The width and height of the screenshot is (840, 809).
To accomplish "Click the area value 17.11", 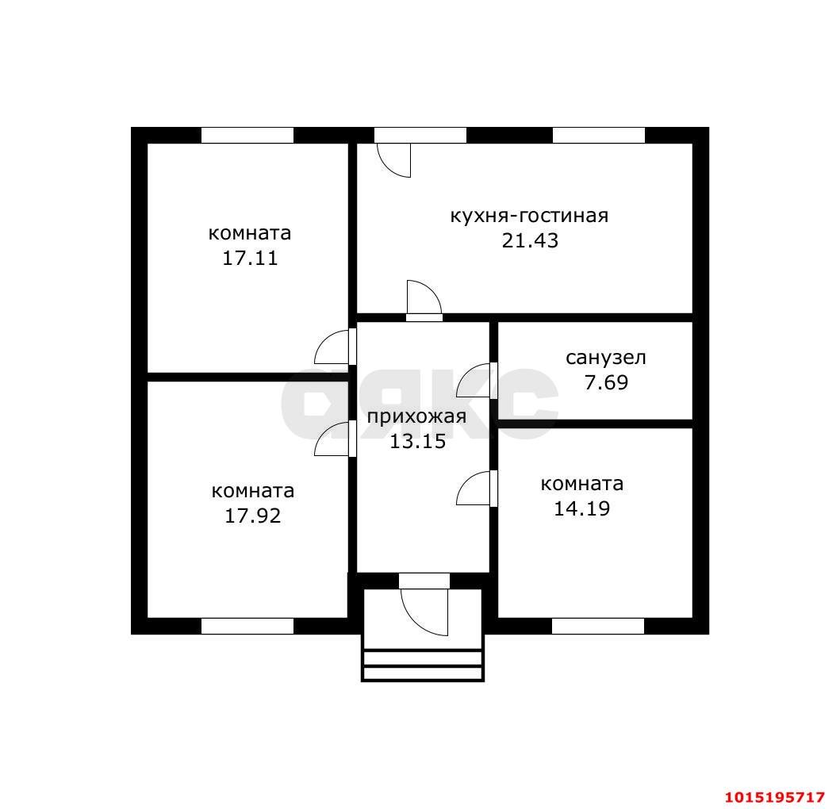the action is (x=250, y=259).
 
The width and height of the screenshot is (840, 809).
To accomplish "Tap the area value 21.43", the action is (x=530, y=240).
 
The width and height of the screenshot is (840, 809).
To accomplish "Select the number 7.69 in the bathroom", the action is (x=606, y=382).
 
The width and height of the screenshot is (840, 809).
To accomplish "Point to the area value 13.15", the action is (x=417, y=442).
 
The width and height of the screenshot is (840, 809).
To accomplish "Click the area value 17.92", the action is (x=252, y=516).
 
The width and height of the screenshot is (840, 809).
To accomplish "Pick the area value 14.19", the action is (x=581, y=508).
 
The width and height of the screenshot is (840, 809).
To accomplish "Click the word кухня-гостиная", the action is (x=529, y=216).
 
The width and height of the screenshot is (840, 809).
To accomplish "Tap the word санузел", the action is (x=606, y=358).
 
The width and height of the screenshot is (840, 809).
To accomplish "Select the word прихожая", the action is (x=416, y=417).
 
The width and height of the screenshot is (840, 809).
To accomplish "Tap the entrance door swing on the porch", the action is (x=424, y=612).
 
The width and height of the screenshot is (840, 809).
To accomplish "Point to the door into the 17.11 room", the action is (x=334, y=347).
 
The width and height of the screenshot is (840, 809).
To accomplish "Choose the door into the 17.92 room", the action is (x=334, y=439).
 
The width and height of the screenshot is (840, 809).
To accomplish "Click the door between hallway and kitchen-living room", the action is (x=424, y=300).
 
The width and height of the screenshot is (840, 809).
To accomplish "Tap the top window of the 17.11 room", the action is (x=247, y=135).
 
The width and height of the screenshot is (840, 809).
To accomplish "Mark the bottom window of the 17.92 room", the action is (x=247, y=627).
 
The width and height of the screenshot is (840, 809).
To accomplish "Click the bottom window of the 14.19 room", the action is (x=598, y=627).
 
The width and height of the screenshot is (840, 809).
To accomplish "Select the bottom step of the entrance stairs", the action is (x=423, y=674).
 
